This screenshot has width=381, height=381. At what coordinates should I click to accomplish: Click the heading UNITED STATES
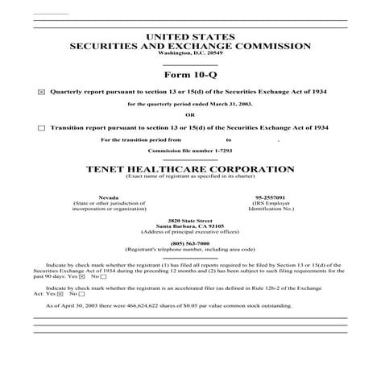(x=190, y=37)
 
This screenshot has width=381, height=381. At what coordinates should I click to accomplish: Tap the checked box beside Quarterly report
(x=42, y=93)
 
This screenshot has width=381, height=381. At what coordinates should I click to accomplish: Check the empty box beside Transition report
(x=42, y=127)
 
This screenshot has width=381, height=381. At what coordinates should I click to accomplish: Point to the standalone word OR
(x=190, y=116)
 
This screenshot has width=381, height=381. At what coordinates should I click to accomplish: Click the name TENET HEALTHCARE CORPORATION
(x=190, y=169)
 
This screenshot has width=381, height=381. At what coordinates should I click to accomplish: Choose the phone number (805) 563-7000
(x=190, y=243)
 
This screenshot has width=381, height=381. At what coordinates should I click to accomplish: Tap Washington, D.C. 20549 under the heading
(x=190, y=52)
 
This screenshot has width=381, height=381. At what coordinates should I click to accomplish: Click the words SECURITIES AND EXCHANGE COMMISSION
(x=190, y=46)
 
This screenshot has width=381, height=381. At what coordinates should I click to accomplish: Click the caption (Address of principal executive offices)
(x=190, y=232)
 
